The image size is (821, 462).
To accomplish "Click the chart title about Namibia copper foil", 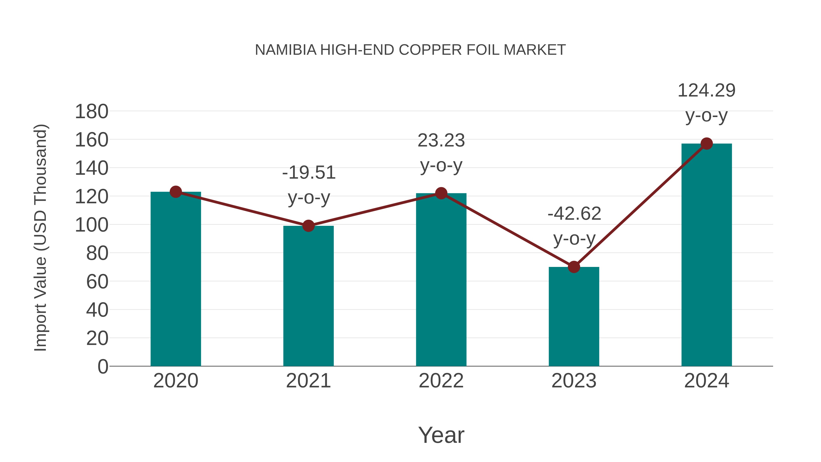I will click(x=410, y=50).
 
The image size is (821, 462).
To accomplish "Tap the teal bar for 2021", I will click(x=308, y=297).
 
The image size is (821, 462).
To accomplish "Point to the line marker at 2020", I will click(x=176, y=192).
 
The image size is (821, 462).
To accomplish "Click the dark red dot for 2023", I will click(x=574, y=267).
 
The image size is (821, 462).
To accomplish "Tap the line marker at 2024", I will click(x=707, y=144).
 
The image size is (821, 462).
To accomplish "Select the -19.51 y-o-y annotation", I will click(x=309, y=185).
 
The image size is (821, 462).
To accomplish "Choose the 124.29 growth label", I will click(x=706, y=103).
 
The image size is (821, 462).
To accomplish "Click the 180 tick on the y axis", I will click(x=91, y=112).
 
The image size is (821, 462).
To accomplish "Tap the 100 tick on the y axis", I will click(x=91, y=225).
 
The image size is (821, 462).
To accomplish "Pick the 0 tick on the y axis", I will click(x=103, y=367).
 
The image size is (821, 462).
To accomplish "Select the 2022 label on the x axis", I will click(x=441, y=381).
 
